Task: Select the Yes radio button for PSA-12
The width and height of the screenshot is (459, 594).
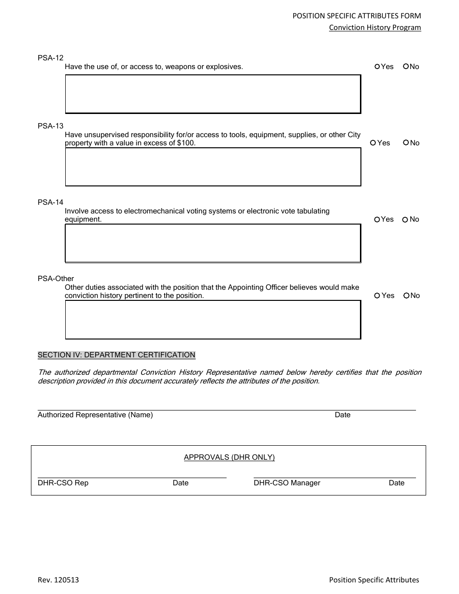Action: click(x=377, y=67)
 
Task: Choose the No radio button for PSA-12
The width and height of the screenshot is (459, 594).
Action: click(x=406, y=67)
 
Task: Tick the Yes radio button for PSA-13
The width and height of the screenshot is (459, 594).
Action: click(x=373, y=143)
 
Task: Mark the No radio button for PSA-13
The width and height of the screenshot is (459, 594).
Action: click(x=406, y=143)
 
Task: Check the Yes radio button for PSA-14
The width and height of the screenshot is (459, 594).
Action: click(x=377, y=220)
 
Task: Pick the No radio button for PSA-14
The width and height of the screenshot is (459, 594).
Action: click(x=405, y=220)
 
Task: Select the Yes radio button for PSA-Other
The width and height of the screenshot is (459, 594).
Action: click(x=377, y=296)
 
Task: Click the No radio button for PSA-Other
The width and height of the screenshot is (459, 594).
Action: click(x=406, y=296)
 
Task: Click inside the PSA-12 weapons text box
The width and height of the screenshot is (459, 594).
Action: click(x=213, y=94)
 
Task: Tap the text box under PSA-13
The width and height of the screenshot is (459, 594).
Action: click(x=213, y=167)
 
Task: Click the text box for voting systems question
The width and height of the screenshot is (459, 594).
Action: click(x=213, y=243)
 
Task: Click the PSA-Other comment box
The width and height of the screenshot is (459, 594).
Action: click(x=213, y=320)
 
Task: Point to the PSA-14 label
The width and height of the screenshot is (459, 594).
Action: click(x=50, y=202)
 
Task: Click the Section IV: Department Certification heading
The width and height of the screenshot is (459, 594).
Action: click(x=116, y=355)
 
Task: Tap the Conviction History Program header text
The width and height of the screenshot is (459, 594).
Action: click(x=375, y=28)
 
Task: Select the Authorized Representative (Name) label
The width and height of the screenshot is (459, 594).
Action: click(x=95, y=415)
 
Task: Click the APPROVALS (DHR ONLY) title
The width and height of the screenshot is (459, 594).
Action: click(x=229, y=457)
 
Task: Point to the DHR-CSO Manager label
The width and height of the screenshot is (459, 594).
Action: click(x=287, y=483)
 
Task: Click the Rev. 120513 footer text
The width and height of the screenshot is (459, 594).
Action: click(x=58, y=580)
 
